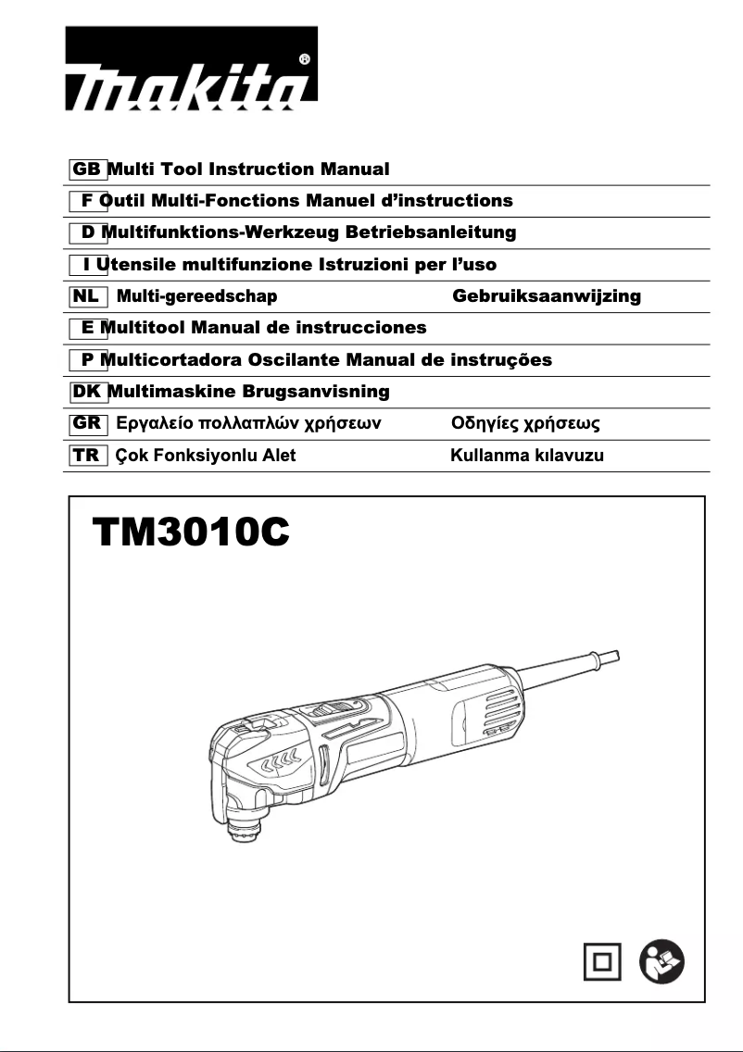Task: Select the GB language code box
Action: click(87, 169)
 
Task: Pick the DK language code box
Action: click(87, 392)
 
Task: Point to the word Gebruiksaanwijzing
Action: click(547, 296)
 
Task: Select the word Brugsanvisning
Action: click(316, 392)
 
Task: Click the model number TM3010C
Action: click(191, 535)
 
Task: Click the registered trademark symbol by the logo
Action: click(305, 58)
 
